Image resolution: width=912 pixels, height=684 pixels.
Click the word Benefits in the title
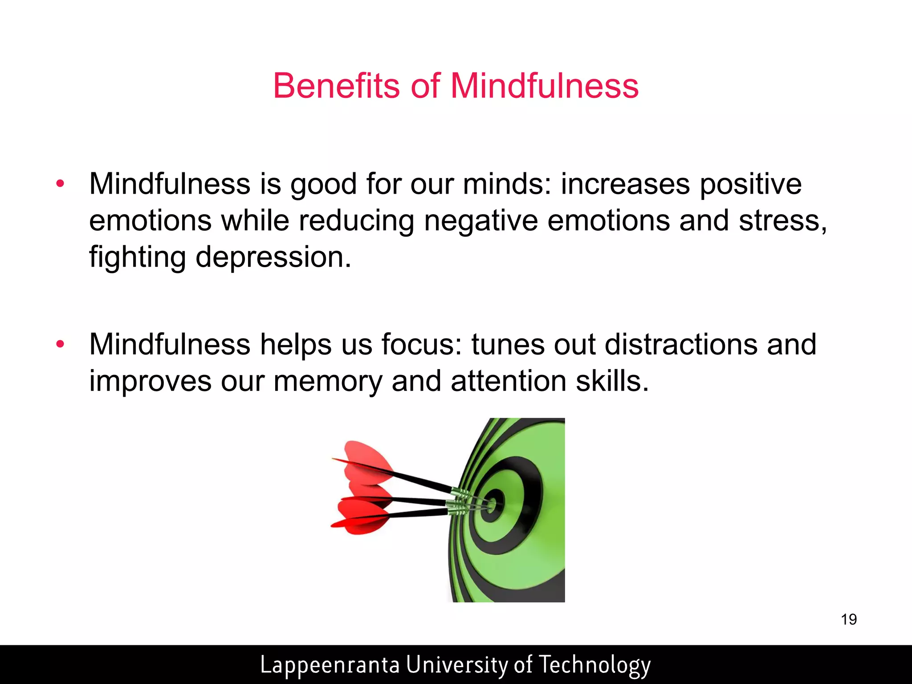(337, 85)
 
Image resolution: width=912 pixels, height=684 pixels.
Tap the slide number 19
(849, 619)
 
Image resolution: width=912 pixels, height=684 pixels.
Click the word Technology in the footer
(594, 665)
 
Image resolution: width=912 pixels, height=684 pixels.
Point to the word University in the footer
(457, 665)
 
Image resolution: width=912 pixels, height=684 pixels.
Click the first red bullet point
(60, 183)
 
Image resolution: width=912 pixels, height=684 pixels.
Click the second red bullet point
(60, 344)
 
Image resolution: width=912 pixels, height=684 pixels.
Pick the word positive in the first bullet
(750, 184)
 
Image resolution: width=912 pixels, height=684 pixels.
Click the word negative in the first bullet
(481, 221)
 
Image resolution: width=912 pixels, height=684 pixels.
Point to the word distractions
(681, 345)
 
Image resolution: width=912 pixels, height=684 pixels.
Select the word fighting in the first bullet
(137, 257)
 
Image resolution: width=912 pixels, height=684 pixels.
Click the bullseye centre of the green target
(492, 505)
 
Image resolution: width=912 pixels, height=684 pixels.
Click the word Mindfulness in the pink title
(544, 85)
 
